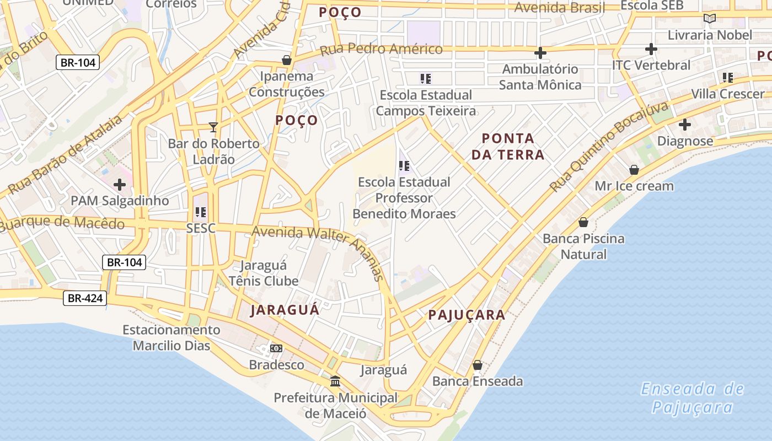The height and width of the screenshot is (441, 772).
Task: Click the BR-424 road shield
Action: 84,298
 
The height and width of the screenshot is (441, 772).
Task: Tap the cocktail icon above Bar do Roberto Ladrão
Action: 213,127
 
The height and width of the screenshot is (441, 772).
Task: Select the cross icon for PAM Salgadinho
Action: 119,185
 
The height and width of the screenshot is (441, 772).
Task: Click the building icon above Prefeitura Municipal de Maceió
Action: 335,381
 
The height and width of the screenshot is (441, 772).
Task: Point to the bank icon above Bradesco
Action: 276,348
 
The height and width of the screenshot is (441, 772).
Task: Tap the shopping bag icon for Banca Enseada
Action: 478,365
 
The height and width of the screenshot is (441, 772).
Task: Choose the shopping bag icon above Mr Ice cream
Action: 634,170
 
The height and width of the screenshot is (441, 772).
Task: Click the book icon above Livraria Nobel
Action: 710,18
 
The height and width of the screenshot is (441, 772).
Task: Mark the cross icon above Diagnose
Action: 685,125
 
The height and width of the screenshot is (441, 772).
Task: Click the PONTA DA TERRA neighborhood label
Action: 508,146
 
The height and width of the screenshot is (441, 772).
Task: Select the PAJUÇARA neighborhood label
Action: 467,315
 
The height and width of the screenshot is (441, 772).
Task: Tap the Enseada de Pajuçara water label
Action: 693,398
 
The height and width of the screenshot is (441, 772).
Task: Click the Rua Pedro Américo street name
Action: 381,49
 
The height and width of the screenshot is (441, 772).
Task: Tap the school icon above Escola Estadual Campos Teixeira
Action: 425,79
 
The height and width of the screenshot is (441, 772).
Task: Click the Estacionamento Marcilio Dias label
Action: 171,337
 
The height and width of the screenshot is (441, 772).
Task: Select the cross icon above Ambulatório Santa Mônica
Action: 540,53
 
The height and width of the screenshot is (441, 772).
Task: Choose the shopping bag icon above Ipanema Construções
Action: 286,60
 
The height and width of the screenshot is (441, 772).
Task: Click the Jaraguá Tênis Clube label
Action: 264,273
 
